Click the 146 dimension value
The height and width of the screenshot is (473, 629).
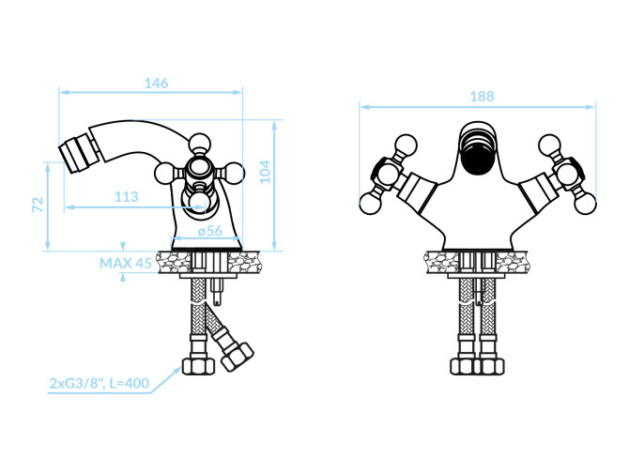156,84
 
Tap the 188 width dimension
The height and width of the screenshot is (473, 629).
482,97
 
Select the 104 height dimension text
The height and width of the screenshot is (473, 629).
265,172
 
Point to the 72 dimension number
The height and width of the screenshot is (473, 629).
38,205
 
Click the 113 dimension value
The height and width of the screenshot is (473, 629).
127,197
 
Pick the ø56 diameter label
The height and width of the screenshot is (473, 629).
210,231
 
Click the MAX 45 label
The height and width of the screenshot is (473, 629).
126,264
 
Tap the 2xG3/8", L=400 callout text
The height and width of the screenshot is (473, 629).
100,384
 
